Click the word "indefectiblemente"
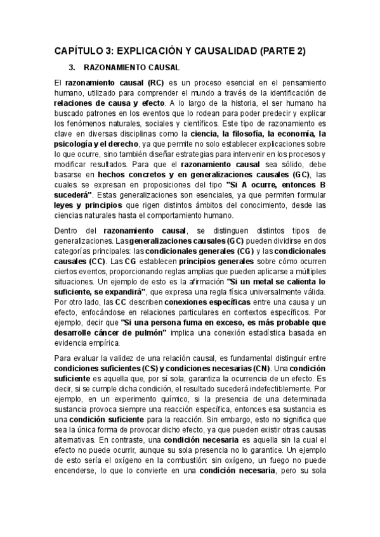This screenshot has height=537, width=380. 282,389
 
